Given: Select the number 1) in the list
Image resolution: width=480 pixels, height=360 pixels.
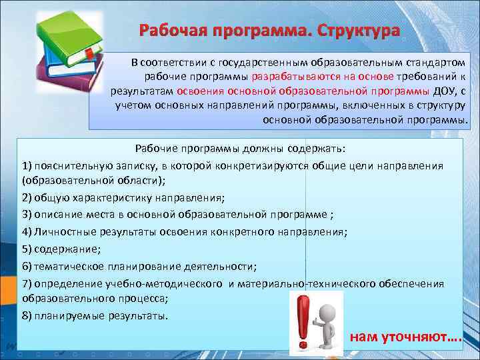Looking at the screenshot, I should tap(27, 165).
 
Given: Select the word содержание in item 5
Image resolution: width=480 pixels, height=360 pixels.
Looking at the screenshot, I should tap(66, 249).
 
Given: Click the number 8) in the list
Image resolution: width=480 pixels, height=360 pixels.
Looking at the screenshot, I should tap(27, 315).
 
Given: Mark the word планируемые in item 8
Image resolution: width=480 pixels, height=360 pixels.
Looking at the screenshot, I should tap(68, 315).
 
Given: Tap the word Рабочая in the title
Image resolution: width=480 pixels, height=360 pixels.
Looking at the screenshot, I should tap(170, 31).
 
